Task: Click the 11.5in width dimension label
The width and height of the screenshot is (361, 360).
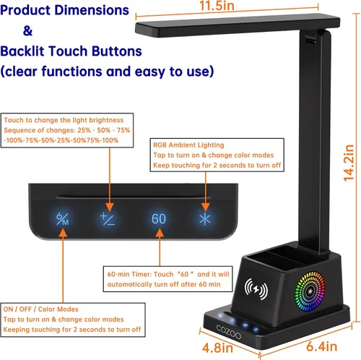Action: (217, 6)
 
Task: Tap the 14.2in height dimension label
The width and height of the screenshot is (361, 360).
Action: (349, 163)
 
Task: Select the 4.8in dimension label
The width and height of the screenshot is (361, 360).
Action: (217, 348)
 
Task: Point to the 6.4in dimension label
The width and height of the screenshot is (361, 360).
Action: (321, 346)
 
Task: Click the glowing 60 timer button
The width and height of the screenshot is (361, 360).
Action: (159, 219)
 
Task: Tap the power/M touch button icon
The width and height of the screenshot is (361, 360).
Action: (62, 219)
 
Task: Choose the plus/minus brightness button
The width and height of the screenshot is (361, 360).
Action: (108, 219)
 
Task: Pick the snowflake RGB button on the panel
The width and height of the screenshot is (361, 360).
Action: (205, 219)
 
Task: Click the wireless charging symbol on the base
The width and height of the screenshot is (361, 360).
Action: (256, 288)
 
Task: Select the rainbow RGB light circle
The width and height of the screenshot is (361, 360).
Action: (310, 291)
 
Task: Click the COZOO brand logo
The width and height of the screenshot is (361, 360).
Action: (228, 332)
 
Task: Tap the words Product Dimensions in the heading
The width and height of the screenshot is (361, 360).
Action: (64, 10)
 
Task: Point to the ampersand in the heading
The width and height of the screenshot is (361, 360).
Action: (27, 31)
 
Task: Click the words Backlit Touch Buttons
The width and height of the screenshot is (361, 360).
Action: (71, 51)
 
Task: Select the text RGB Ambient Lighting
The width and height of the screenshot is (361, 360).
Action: (188, 145)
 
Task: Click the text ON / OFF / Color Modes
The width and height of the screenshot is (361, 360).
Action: (40, 309)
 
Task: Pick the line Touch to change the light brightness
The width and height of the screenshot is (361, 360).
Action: (64, 120)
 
